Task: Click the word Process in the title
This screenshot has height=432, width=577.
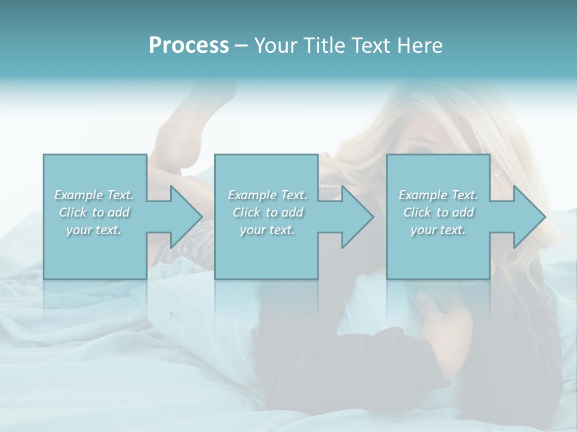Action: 189,46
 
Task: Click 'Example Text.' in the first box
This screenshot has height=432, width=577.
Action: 94,195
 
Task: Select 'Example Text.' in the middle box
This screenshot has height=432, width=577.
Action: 267,195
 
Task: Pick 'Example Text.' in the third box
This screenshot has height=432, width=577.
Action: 438,195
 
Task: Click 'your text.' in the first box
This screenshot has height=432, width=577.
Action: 94,230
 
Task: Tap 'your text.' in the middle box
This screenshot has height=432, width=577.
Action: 267,230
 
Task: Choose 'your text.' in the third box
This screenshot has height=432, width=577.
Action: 438,230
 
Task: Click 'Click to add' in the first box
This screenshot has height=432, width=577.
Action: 94,212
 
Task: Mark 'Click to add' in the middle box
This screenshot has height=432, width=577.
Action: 267,212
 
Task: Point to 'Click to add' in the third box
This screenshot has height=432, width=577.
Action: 438,212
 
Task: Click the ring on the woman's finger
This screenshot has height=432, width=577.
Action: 497,176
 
